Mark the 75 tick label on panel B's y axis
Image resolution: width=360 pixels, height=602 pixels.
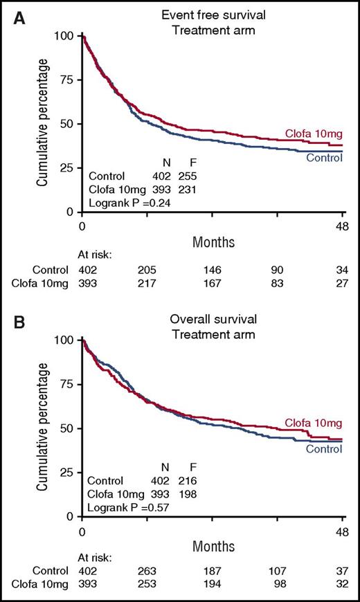[x=66, y=384]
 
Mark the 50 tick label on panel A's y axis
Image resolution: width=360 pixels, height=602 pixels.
[x=66, y=124]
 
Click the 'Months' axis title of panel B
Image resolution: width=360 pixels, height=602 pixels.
[x=213, y=545]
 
